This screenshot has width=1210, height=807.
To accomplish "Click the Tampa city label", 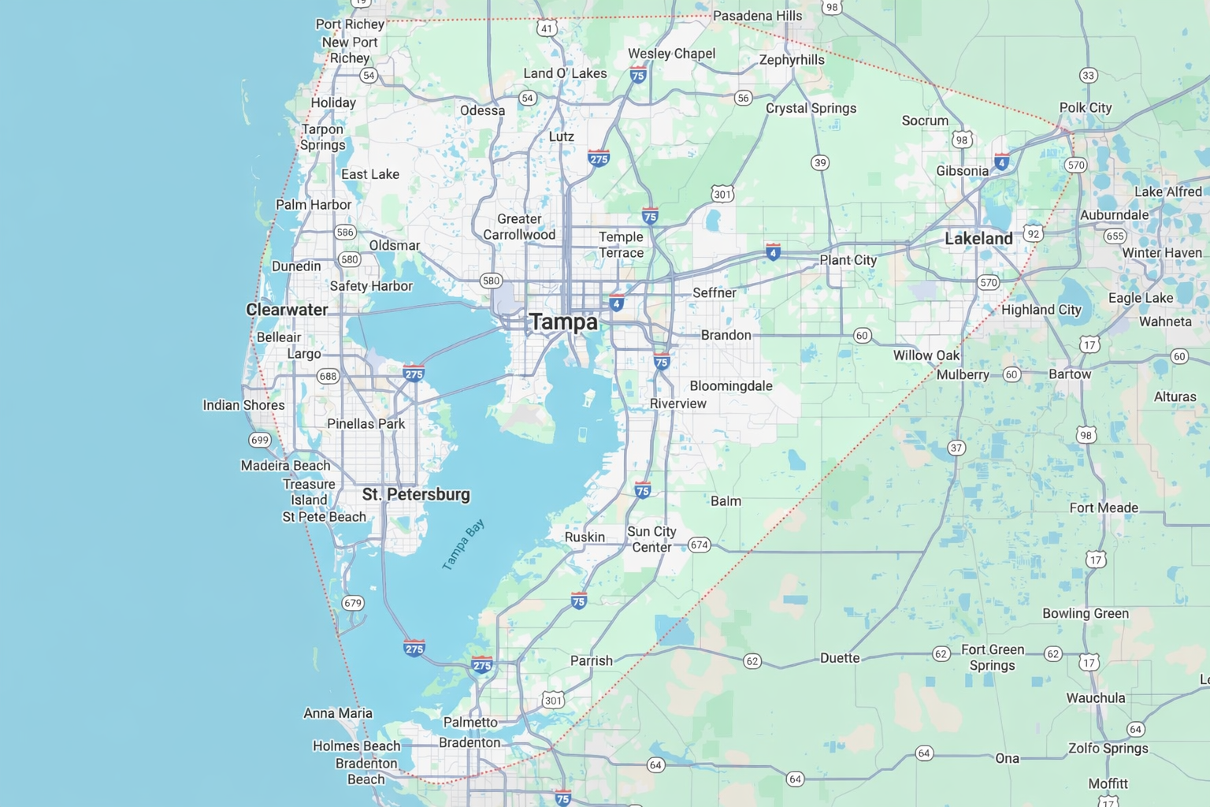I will point(563,322).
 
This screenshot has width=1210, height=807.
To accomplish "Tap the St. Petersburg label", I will point(416,495).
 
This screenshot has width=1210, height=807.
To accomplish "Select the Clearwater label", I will point(287,310).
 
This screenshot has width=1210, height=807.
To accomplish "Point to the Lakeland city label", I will point(978,239).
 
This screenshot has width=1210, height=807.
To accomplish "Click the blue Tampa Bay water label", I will point(463,545).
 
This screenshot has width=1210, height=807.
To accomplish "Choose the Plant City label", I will point(848,260).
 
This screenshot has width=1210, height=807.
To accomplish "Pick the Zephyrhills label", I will point(792,60).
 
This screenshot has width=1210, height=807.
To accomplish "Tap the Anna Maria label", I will point(338,713).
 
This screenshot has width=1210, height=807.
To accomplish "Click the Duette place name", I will point(840,658).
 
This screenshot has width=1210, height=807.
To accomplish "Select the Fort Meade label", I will point(1103,508).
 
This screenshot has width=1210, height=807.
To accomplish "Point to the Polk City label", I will point(1085,108).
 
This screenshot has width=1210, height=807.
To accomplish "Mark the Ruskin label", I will point(585,537).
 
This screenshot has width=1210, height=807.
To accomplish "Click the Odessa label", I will point(482,110).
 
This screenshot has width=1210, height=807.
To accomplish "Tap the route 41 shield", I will point(547,28).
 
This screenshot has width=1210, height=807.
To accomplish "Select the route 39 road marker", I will point(820,163).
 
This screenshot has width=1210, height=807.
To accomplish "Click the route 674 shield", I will point(699,545).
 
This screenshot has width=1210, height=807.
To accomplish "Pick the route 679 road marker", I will point(352,603).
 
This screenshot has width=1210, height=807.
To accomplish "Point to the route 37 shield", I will point(956,448).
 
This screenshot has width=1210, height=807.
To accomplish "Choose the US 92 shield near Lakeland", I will point(1033,233).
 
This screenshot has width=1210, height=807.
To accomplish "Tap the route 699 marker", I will point(259,440).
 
